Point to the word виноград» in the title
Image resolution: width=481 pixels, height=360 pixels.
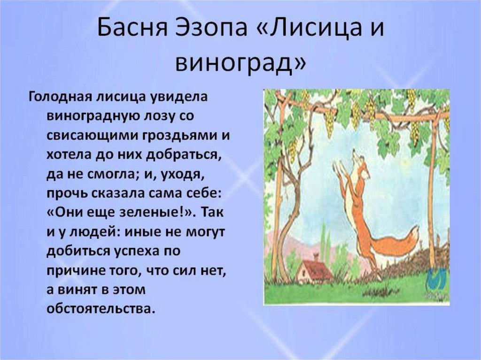pos(241,64)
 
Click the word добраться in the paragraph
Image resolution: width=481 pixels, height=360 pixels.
pos(184,155)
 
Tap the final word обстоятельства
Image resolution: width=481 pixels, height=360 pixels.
pos(100,309)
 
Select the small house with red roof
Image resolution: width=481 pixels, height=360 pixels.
pos(313,271)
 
